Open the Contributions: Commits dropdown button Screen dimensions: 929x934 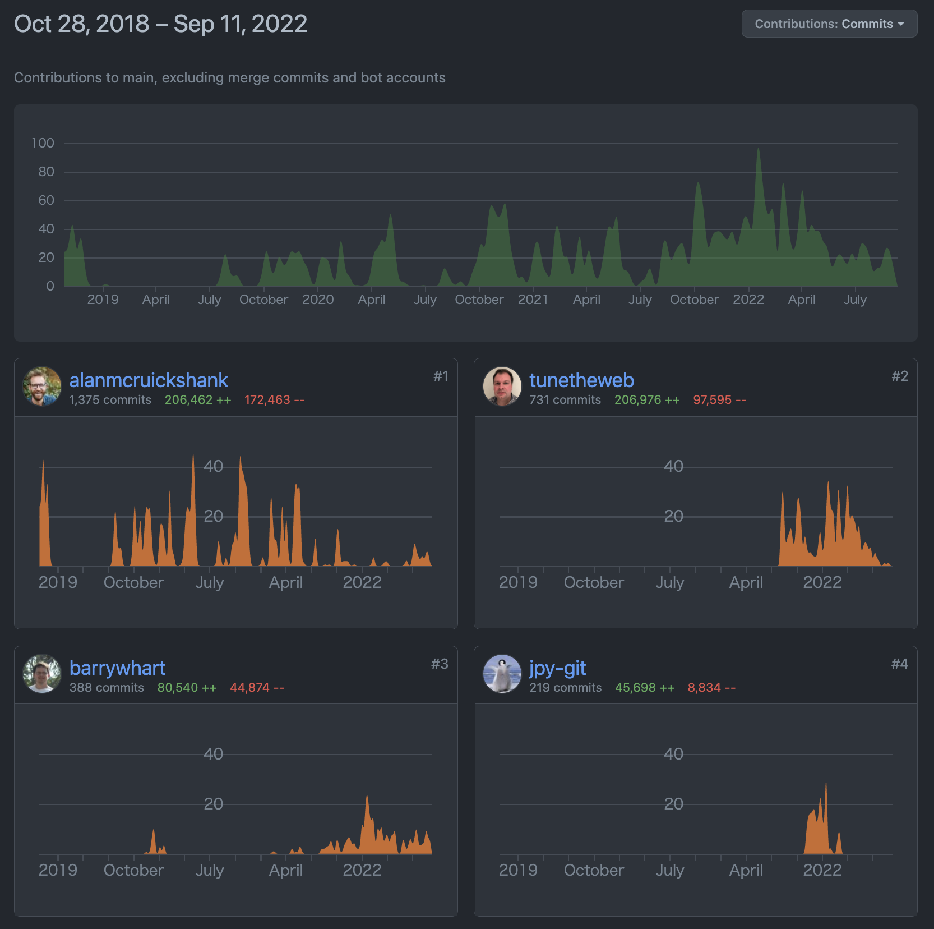tap(829, 24)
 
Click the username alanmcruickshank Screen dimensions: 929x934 tap(149, 380)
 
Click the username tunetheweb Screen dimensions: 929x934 tap(581, 380)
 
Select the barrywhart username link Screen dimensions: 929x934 tap(117, 668)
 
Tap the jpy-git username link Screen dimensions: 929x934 tap(557, 668)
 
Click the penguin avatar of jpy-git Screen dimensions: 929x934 tap(502, 674)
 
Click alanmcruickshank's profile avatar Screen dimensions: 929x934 tap(42, 386)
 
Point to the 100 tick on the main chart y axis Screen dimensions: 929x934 tap(43, 143)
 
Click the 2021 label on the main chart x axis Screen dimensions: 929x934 tap(533, 300)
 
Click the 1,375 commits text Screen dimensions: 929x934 tap(110, 400)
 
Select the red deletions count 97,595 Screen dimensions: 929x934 tap(712, 400)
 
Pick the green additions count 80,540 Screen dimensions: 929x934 tap(178, 688)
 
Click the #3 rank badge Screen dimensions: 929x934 tap(440, 664)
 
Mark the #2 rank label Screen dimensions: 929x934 tap(900, 376)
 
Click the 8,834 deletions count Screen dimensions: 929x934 tap(704, 688)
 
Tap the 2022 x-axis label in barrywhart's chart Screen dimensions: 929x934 tap(362, 870)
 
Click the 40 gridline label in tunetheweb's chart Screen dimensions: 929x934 tap(673, 466)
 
